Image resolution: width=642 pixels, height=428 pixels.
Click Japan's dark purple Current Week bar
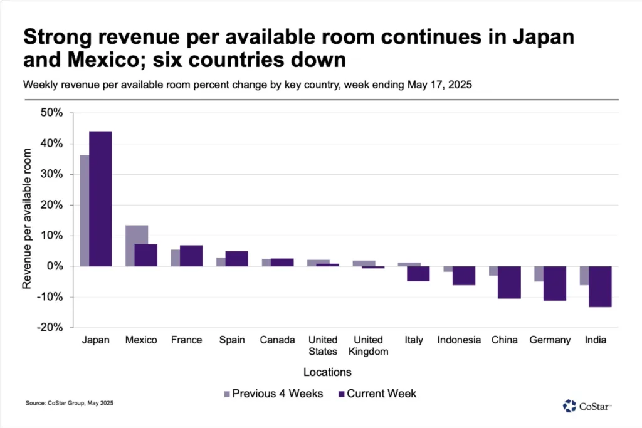(x=100, y=199)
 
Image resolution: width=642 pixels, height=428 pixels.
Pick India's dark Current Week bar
(x=600, y=286)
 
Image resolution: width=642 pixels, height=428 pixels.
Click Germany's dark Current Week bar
(x=554, y=283)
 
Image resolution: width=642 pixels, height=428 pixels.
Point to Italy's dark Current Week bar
(x=418, y=273)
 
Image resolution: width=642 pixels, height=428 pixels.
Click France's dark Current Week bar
(x=191, y=256)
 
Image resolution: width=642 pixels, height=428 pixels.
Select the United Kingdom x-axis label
(x=372, y=345)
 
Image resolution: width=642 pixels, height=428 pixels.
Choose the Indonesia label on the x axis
(x=459, y=340)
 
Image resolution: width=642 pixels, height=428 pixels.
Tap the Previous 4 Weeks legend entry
(x=273, y=394)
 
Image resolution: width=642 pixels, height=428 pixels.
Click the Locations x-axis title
(x=327, y=372)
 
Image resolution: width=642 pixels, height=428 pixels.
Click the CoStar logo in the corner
(x=587, y=406)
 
